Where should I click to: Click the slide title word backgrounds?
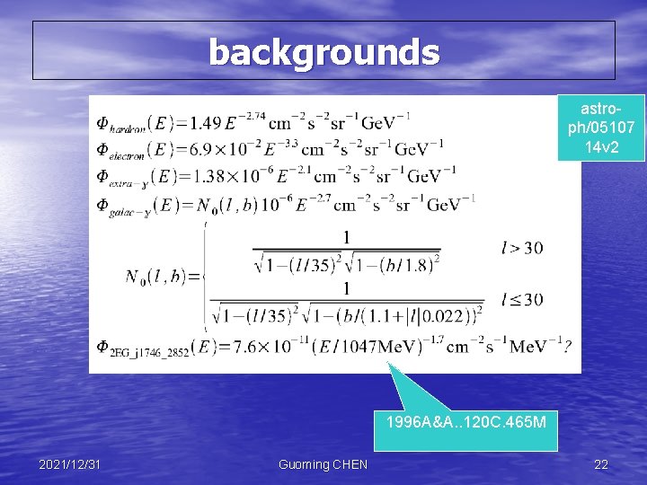[324, 52]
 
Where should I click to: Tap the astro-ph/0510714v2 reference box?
[600, 127]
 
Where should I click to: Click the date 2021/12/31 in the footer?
[70, 463]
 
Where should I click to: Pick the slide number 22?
[600, 463]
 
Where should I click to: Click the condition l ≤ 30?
[521, 299]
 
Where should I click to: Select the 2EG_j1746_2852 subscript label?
[149, 354]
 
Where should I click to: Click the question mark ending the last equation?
[567, 348]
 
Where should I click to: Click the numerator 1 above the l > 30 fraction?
[345, 237]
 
